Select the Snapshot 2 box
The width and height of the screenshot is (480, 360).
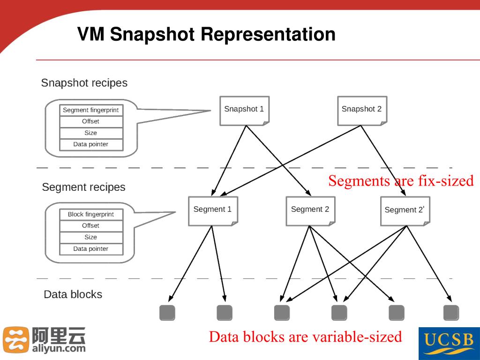(x=362, y=110)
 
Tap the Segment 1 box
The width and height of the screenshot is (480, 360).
(x=213, y=210)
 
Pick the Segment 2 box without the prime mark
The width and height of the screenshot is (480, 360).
(x=310, y=210)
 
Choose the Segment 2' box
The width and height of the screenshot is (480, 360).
(x=405, y=210)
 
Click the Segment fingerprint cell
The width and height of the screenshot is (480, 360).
(x=91, y=110)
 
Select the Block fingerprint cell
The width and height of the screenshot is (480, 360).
(x=91, y=214)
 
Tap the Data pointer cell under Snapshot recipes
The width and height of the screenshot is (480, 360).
(x=91, y=144)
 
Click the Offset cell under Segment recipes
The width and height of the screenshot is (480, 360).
(x=91, y=225)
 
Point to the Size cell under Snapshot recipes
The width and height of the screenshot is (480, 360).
(x=91, y=133)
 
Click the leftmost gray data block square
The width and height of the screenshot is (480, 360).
(x=167, y=313)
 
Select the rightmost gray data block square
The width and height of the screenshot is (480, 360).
(x=451, y=313)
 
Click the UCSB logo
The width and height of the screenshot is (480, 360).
(x=449, y=343)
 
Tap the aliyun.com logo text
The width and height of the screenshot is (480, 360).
(x=59, y=348)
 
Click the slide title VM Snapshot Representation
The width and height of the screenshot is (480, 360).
(x=206, y=35)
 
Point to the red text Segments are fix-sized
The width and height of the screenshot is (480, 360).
(x=401, y=181)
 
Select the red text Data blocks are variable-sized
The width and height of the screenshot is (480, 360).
(x=305, y=337)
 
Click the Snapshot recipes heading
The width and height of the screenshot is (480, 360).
(x=84, y=83)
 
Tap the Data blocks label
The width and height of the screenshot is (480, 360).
(x=73, y=294)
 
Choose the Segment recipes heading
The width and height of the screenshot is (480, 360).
(x=84, y=187)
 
